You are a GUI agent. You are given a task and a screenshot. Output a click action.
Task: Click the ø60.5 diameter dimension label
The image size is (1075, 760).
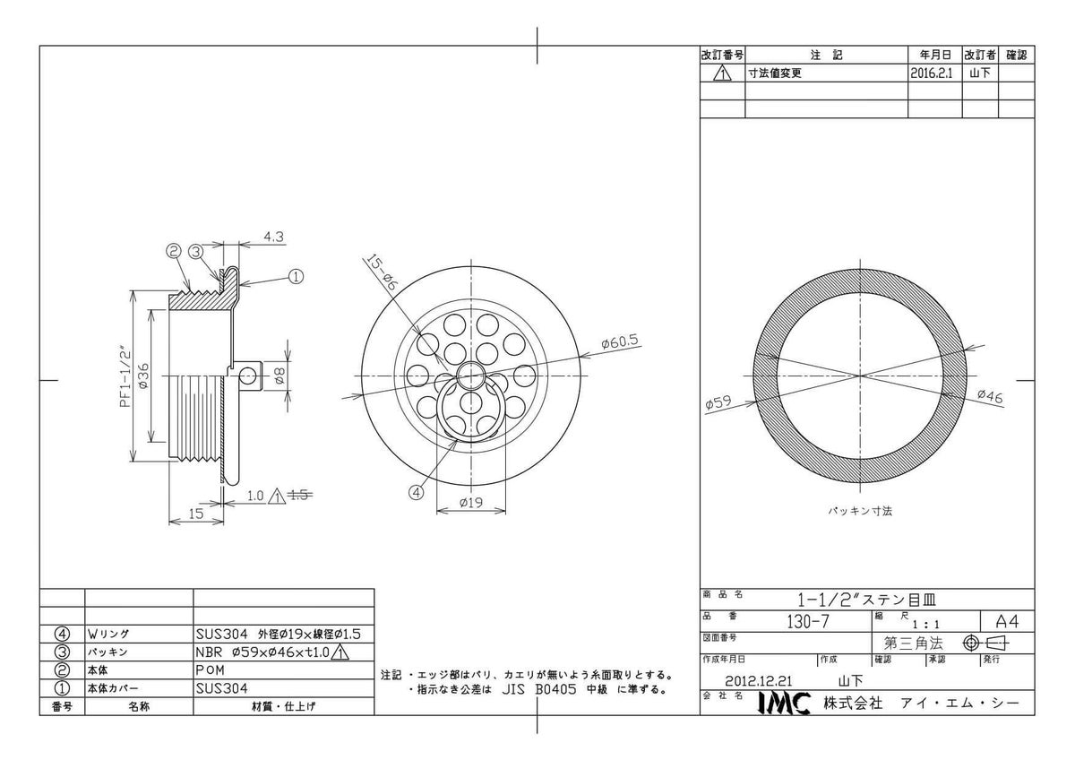[620, 341]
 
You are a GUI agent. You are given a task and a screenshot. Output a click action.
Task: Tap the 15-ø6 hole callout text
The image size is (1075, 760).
[381, 272]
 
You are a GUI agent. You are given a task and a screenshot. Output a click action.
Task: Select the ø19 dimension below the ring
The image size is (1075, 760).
[471, 503]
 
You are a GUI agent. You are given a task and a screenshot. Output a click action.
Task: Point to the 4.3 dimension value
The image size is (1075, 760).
[273, 237]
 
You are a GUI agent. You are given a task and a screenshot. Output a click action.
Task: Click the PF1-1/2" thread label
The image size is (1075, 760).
[125, 376]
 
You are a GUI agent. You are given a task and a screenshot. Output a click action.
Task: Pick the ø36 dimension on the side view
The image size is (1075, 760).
[143, 376]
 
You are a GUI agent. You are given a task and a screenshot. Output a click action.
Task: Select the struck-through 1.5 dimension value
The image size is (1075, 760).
[300, 495]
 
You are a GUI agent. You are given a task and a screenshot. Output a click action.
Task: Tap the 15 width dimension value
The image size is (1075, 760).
[196, 514]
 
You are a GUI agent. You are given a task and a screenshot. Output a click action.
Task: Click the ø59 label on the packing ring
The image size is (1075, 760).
[718, 402]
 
